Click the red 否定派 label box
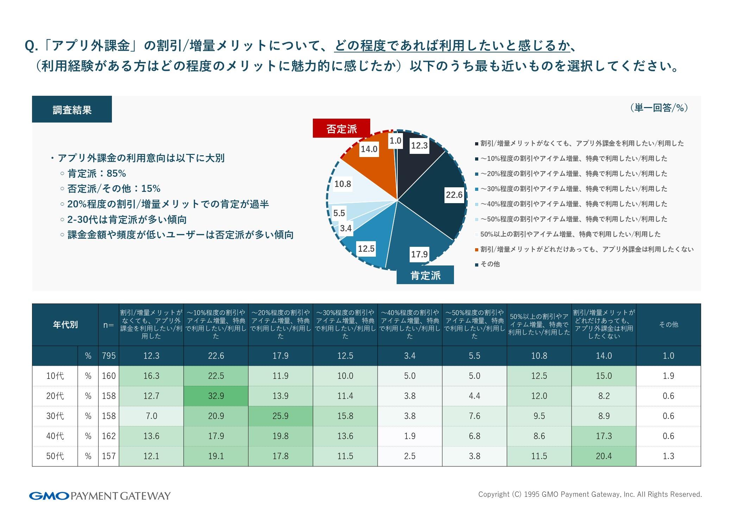click(341, 129)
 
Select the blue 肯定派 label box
click(425, 275)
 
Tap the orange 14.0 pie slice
click(373, 165)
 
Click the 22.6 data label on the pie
click(454, 195)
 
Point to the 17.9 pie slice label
click(419, 254)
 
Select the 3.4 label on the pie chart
click(346, 228)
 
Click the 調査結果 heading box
click(72, 109)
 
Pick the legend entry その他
click(490, 264)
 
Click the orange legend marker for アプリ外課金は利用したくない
click(477, 250)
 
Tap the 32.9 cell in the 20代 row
click(216, 396)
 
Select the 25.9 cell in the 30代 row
click(280, 416)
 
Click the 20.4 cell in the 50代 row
click(604, 456)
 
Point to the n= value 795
click(109, 356)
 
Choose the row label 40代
click(55, 436)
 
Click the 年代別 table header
click(65, 324)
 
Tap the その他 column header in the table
click(668, 324)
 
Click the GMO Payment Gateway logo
click(100, 496)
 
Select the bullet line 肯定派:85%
click(96, 173)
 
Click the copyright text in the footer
click(590, 494)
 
